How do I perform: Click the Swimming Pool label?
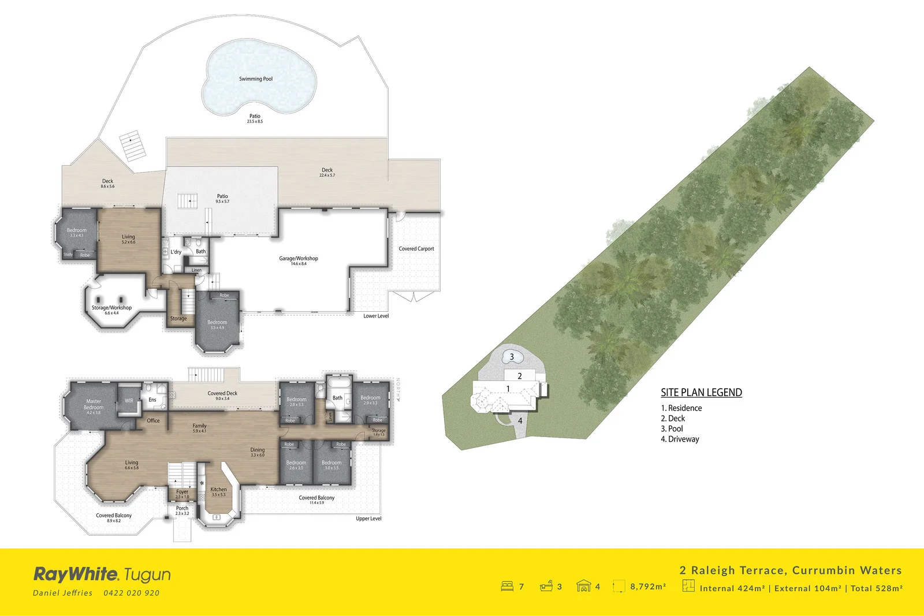tap(256, 79)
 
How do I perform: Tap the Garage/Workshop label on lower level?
tap(299, 259)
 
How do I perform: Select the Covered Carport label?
tap(416, 249)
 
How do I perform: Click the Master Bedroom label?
tap(94, 404)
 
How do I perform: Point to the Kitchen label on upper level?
tap(219, 490)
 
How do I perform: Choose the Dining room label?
tap(258, 450)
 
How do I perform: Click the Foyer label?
tap(182, 492)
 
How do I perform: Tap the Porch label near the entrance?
tap(182, 509)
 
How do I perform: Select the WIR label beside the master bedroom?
tap(129, 401)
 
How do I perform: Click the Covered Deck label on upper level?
tap(222, 394)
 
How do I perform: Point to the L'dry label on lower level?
tap(176, 252)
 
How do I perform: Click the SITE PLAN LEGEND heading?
tap(701, 393)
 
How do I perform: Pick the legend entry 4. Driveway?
tap(680, 439)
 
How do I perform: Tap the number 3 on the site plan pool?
tap(512, 357)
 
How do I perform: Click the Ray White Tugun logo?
tap(102, 574)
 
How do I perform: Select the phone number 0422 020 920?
tap(131, 593)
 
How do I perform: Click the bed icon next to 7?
tap(507, 587)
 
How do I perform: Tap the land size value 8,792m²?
tap(648, 587)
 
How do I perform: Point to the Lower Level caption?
tap(376, 316)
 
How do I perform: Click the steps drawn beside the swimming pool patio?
tap(133, 147)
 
